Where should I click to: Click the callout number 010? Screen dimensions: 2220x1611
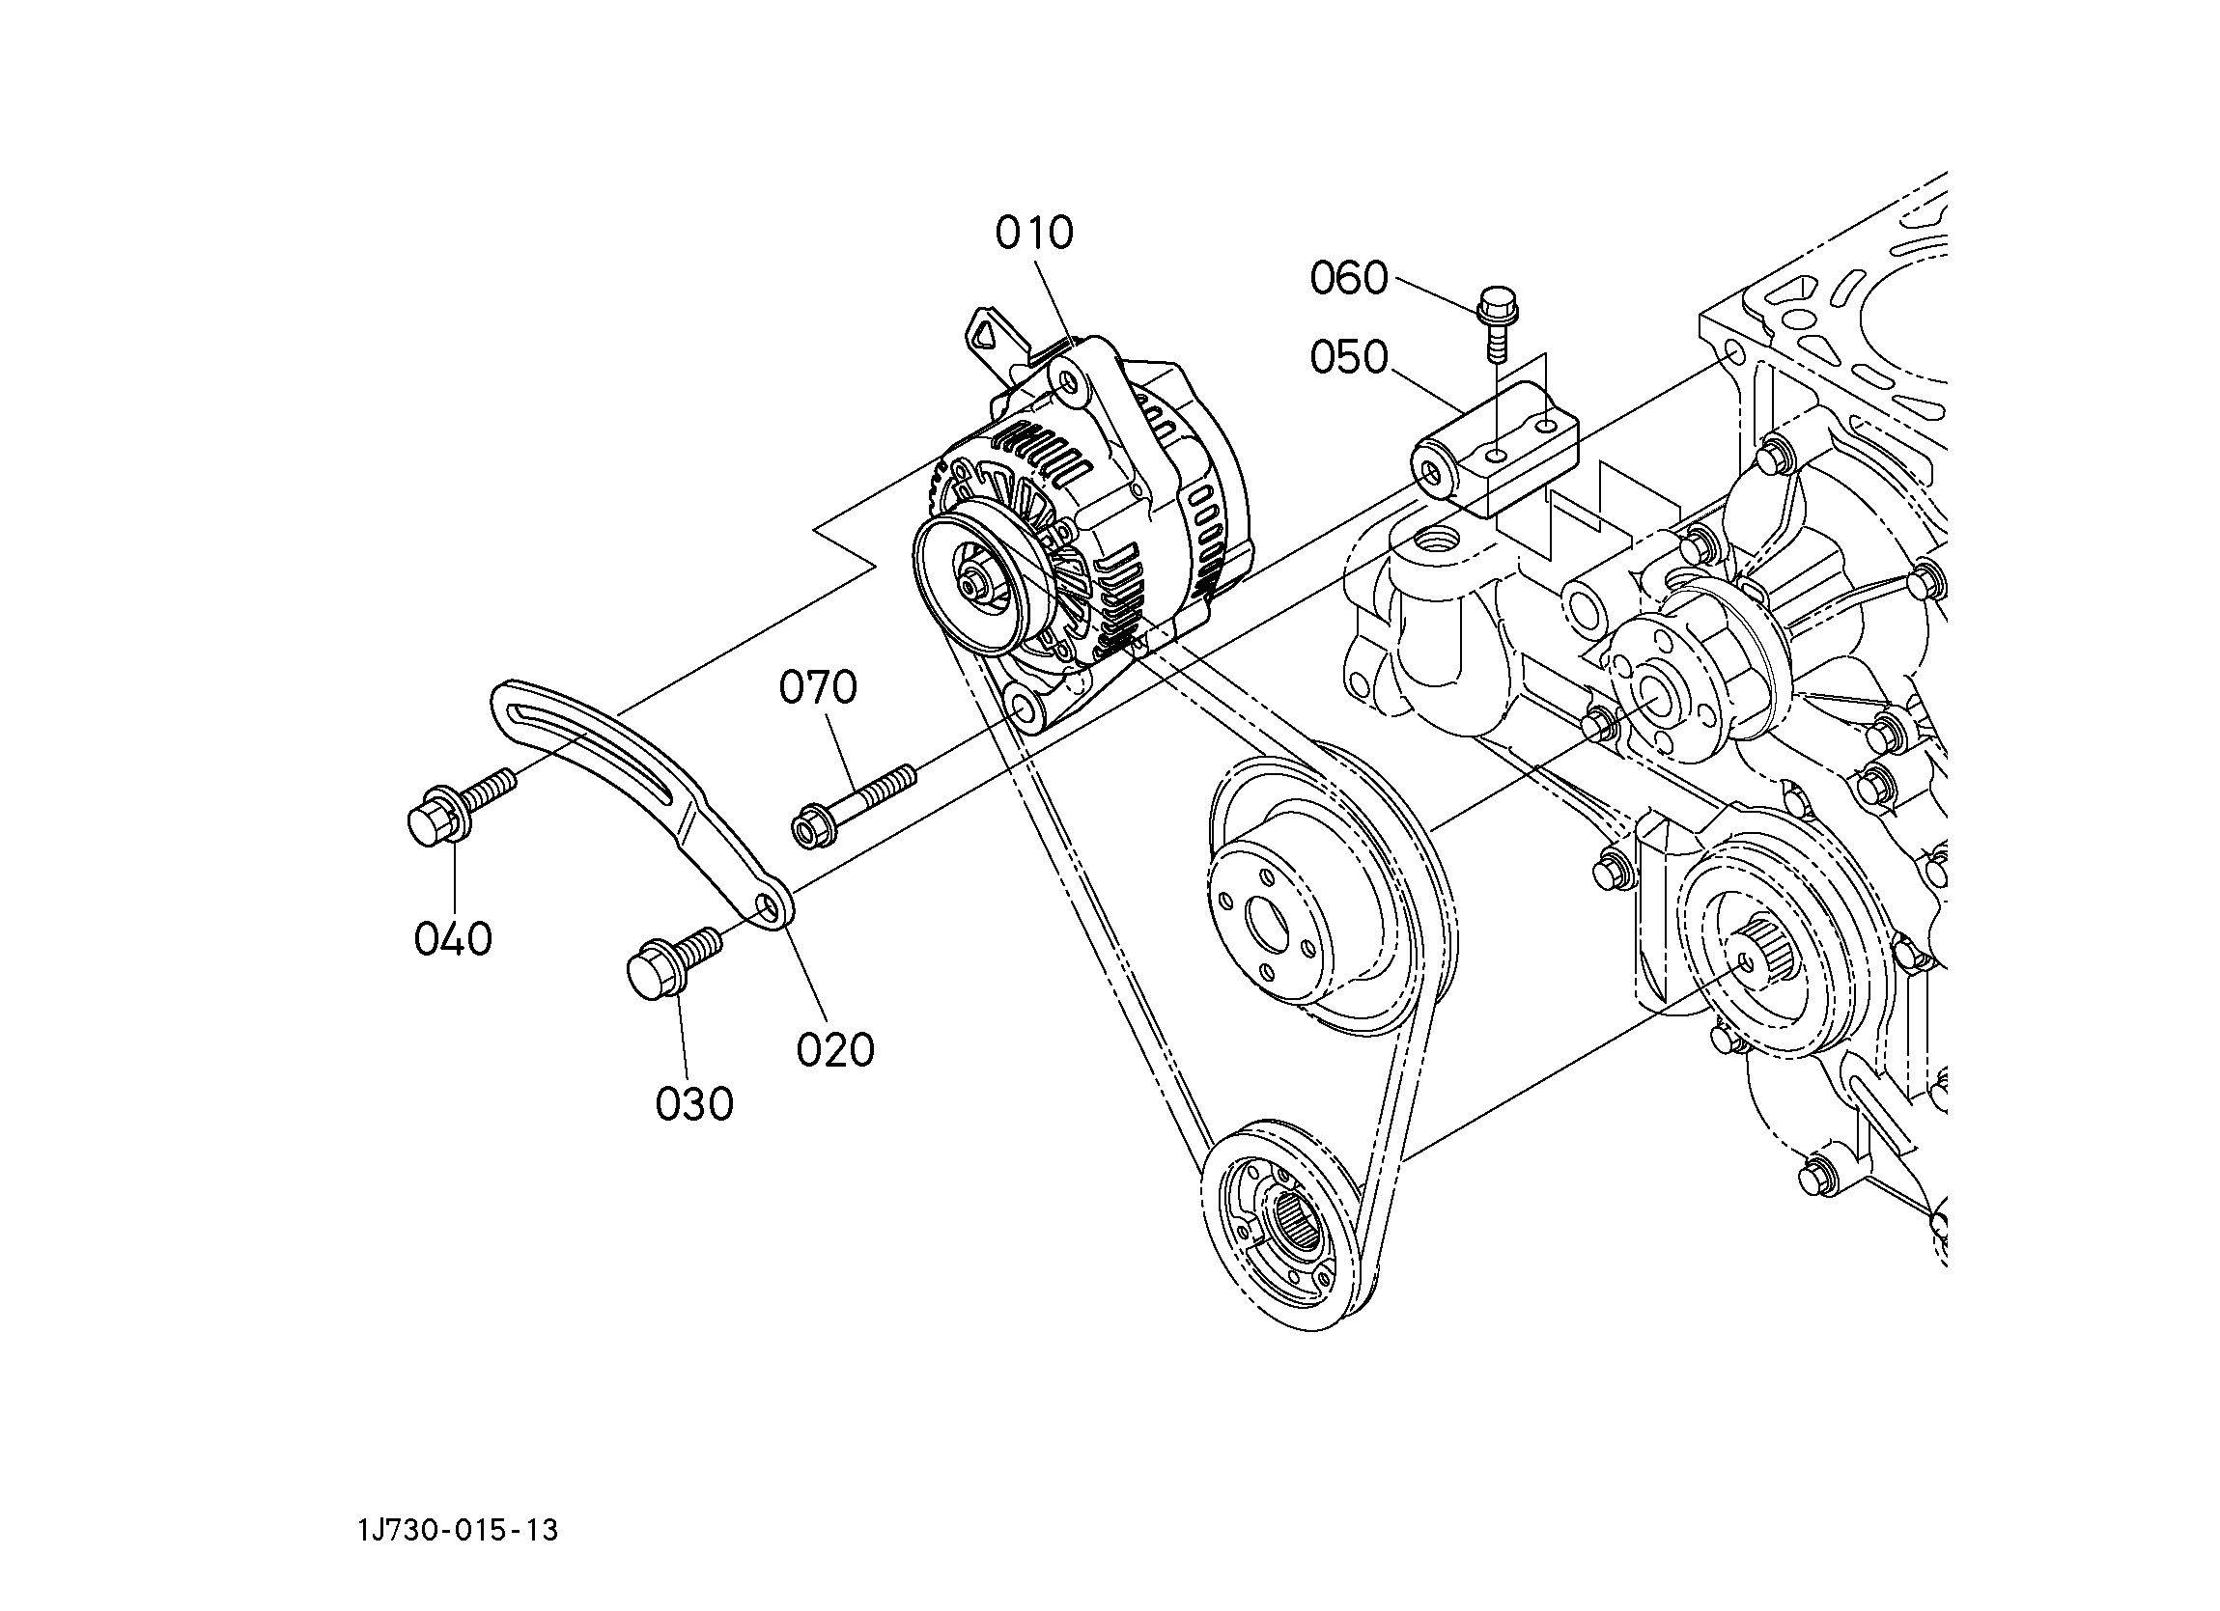point(1034,233)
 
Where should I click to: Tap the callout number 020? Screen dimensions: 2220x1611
point(835,1050)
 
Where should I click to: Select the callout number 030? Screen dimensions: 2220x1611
point(694,1105)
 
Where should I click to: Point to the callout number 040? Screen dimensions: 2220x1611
point(452,939)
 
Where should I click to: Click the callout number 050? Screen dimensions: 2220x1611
point(1349,358)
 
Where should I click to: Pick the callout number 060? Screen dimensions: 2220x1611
point(1349,279)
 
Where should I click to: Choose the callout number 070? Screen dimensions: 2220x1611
point(817,687)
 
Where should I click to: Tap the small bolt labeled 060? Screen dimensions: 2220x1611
point(1495,322)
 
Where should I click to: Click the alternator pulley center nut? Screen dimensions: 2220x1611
point(973,586)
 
